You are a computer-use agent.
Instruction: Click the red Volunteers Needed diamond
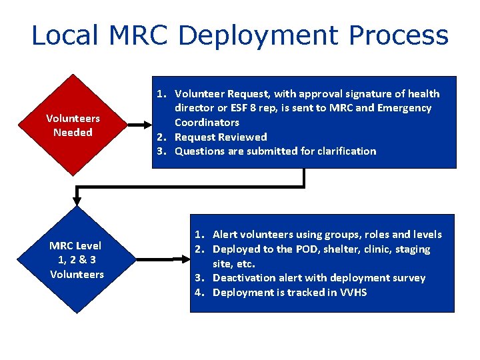coord(73,125)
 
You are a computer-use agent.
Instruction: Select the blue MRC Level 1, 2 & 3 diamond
coord(77,260)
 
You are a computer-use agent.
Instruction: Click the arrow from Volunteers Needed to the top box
coord(138,124)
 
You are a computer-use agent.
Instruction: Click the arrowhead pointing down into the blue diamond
coord(77,200)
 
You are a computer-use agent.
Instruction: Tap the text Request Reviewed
coord(221,137)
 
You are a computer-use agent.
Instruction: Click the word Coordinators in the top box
coord(207,122)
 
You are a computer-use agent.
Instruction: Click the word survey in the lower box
coord(409,277)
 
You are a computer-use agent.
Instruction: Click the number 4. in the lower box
coord(199,292)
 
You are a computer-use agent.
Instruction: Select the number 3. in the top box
coord(161,151)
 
